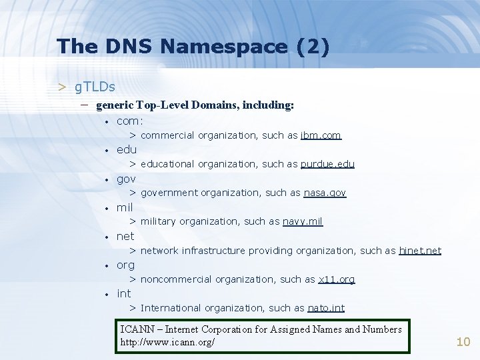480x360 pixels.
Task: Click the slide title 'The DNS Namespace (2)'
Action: tap(193, 46)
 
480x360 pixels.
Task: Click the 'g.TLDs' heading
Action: tap(95, 87)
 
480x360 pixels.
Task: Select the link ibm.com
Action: tap(321, 135)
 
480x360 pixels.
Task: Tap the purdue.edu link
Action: tap(327, 164)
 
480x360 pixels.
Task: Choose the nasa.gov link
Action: tap(325, 193)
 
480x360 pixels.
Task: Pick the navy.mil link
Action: tap(303, 221)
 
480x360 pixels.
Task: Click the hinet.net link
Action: tap(420, 251)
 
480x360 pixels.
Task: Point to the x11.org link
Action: tap(337, 279)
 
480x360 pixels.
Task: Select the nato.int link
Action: tap(326, 308)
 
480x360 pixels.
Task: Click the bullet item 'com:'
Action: tap(130, 121)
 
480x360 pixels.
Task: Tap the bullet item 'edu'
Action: tap(126, 150)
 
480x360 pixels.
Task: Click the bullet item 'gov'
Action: tap(126, 179)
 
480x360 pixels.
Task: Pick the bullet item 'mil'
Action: tap(125, 207)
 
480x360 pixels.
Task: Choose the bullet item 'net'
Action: tap(125, 236)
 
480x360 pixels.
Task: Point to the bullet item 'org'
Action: tap(125, 265)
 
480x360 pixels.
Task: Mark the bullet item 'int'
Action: tap(123, 293)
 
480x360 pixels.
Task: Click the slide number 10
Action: tap(463, 342)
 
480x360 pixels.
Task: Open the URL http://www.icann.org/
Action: tap(167, 342)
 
